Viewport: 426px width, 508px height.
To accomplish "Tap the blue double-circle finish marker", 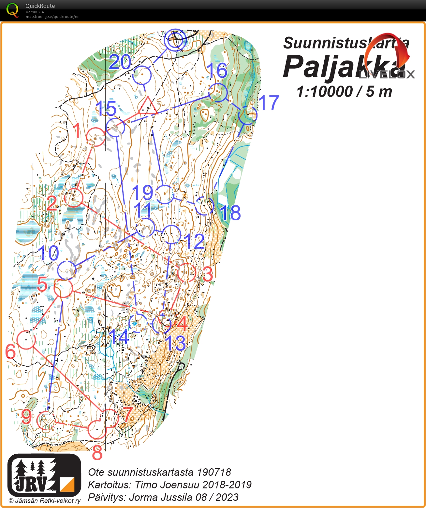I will (175, 40).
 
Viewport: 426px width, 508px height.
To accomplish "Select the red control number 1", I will (77, 131).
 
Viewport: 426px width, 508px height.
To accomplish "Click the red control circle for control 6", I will (26, 340).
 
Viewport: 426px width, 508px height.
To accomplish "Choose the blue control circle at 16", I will (218, 92).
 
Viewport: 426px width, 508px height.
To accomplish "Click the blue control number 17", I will (269, 103).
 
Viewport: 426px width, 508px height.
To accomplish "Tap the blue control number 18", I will (230, 213).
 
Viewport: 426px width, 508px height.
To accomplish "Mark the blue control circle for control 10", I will (66, 270).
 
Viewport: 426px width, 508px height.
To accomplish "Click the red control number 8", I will (97, 453).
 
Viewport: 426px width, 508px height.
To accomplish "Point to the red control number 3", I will (207, 274).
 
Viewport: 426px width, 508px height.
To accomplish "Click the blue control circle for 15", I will (115, 127).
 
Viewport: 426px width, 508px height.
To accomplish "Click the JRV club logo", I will (44, 475).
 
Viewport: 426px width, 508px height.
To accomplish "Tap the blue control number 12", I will (195, 241).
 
